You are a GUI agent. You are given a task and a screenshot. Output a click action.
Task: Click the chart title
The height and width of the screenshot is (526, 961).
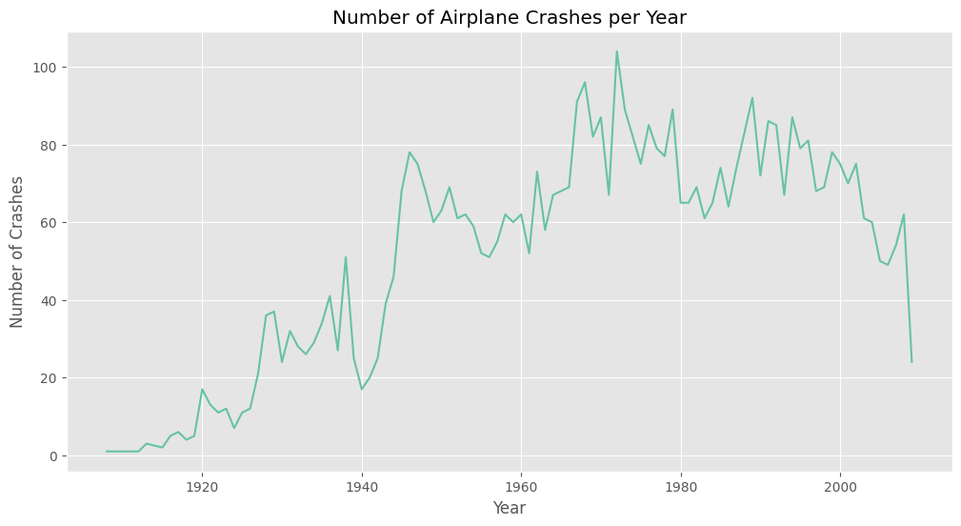[510, 17]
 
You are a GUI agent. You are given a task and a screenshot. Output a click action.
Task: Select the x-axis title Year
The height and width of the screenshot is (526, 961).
[510, 508]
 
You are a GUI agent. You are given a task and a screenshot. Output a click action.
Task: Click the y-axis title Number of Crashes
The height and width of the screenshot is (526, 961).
[18, 252]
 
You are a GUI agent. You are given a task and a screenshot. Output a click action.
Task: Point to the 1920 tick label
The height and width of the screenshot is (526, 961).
[202, 487]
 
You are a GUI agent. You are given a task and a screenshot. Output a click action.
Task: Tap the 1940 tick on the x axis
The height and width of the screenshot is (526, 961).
[361, 487]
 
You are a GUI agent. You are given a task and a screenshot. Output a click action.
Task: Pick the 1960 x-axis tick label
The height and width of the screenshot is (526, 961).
[521, 487]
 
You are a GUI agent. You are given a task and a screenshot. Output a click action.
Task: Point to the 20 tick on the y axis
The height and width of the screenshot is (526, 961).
[51, 378]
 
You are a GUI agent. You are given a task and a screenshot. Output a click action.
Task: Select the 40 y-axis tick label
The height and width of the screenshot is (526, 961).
[51, 300]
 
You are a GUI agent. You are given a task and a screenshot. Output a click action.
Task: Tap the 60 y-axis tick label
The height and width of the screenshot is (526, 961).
[51, 222]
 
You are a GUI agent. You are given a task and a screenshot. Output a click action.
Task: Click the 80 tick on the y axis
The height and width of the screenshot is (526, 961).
[51, 145]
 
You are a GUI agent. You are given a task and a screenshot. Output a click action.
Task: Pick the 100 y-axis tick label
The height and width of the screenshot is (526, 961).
[48, 68]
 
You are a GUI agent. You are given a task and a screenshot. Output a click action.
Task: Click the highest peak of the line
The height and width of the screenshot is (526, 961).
[616, 51]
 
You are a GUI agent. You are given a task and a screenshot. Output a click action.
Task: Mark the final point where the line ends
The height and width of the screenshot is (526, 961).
[911, 362]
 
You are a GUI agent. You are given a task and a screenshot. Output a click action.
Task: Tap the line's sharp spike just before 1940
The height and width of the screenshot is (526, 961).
[346, 257]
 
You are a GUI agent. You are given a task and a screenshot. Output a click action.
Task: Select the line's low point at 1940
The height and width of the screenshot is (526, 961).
[361, 389]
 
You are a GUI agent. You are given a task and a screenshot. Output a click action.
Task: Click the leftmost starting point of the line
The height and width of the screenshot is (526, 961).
[106, 452]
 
